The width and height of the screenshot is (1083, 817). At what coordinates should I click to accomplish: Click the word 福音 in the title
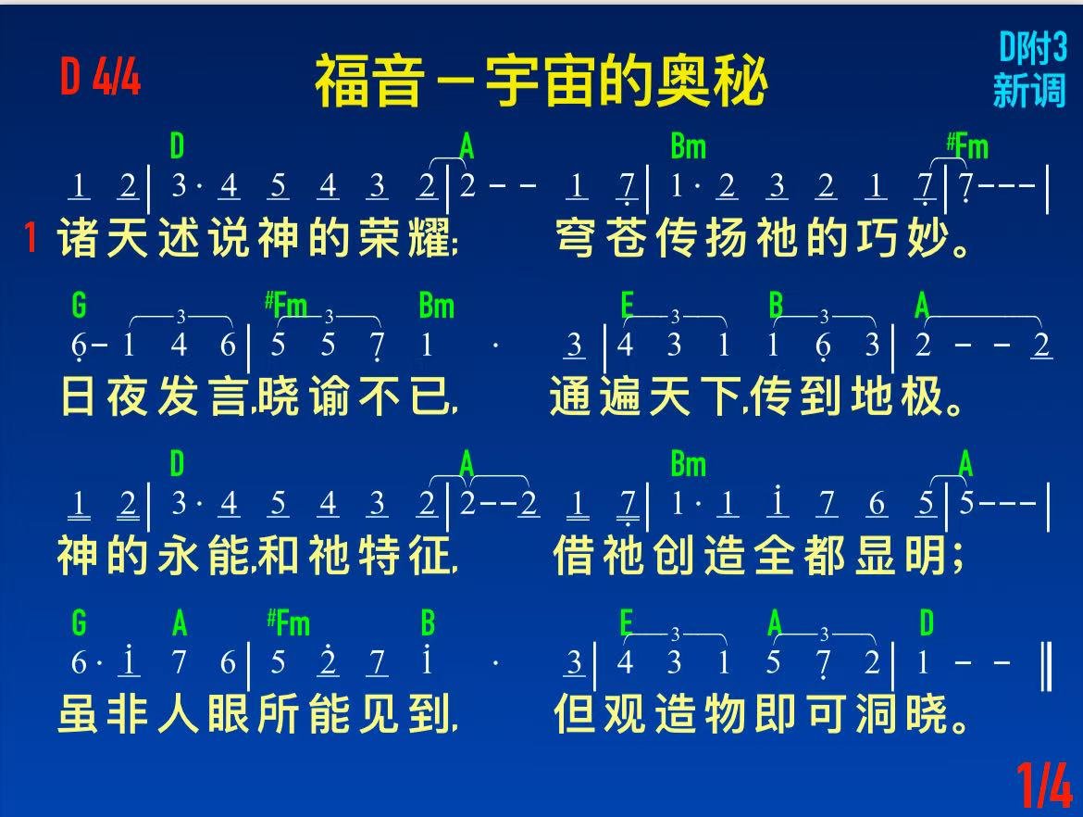point(368,82)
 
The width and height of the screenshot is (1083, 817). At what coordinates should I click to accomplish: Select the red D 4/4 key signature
point(100,76)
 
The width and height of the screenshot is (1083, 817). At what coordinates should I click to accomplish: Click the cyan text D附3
point(1033,48)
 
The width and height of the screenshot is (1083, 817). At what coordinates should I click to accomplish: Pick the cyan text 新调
point(1029,90)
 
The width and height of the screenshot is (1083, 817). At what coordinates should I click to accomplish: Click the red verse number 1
point(30,237)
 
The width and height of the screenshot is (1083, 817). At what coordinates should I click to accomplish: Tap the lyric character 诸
point(78,238)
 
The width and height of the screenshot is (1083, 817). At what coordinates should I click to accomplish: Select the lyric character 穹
point(576,238)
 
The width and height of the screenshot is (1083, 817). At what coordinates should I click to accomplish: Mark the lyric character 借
point(574,556)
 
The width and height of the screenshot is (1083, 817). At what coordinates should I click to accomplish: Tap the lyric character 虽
point(78,714)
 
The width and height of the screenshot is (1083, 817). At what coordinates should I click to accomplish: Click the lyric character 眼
point(228,714)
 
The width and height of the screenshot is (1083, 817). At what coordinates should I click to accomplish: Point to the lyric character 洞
point(876,714)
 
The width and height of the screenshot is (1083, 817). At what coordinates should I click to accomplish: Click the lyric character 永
point(179,556)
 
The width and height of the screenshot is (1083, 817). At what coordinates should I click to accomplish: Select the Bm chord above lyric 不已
point(437,306)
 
